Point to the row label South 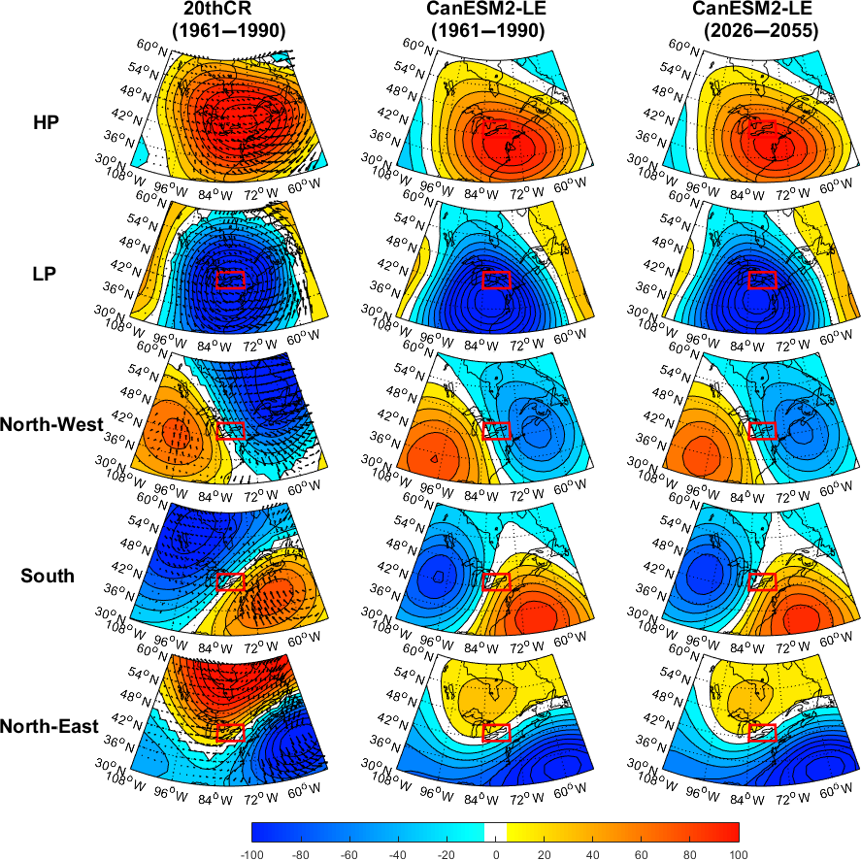coord(48,576)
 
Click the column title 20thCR coord(228,11)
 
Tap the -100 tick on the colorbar coord(252,853)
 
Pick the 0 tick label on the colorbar coord(495,853)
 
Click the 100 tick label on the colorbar coord(739,853)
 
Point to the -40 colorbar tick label coord(398,853)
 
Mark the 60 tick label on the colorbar coord(642,853)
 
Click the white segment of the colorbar coord(495,832)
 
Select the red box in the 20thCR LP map coord(230,280)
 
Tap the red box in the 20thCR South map coord(230,580)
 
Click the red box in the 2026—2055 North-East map coord(763,733)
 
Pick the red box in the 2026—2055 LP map coord(763,280)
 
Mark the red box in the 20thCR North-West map coord(230,430)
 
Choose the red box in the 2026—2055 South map coord(763,580)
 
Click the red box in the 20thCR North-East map coord(230,733)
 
